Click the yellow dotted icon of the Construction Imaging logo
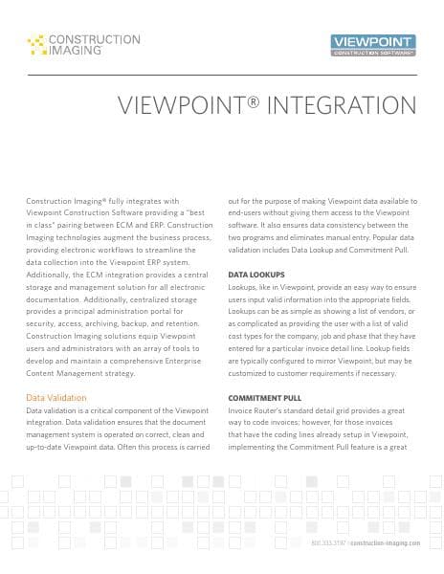point(36,43)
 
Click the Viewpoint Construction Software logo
point(371,45)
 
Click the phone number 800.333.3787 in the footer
point(328,541)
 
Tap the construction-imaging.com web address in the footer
point(384,541)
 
